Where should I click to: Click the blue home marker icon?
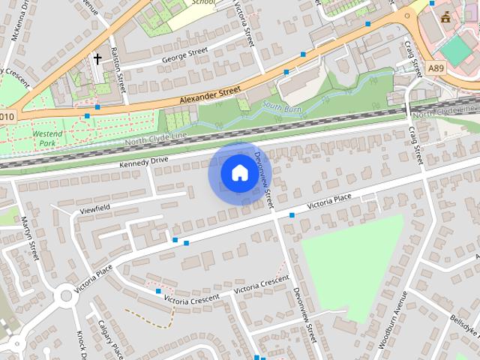(x=239, y=173)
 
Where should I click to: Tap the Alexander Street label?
(x=210, y=95)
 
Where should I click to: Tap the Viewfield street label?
(x=94, y=208)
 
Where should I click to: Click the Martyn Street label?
(x=30, y=238)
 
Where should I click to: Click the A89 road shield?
(x=436, y=68)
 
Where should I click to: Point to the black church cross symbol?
(x=97, y=58)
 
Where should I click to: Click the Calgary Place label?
(x=110, y=339)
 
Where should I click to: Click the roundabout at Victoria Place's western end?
(x=65, y=295)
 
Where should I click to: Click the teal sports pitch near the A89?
(x=454, y=50)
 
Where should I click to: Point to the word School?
(x=202, y=2)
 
